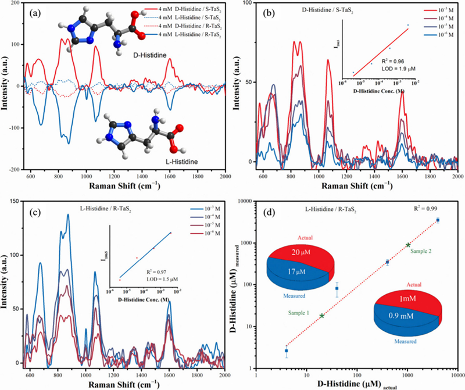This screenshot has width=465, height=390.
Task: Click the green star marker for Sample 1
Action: point(322,316)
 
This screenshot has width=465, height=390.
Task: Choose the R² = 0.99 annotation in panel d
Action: point(427,207)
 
